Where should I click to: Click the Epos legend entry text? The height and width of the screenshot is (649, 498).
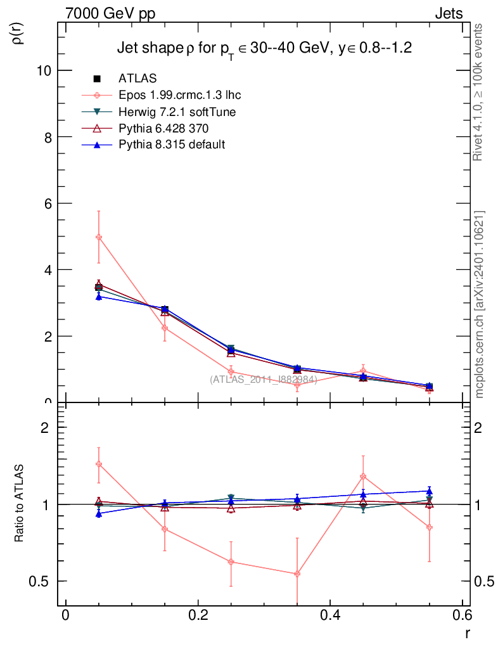pyautogui.click(x=179, y=95)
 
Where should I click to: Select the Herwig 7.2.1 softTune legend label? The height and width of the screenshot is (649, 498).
pyautogui.click(x=177, y=112)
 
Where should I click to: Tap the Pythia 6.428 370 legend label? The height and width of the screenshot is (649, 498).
pyautogui.click(x=163, y=128)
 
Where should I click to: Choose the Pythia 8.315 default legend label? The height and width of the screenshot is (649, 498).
pyautogui.click(x=172, y=145)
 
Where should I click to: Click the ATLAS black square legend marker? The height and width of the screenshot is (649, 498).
pyautogui.click(x=97, y=79)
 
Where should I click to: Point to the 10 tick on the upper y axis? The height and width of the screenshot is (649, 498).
pyautogui.click(x=44, y=71)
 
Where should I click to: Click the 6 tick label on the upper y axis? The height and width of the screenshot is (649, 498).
pyautogui.click(x=48, y=203)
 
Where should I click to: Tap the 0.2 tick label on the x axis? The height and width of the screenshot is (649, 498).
pyautogui.click(x=198, y=615)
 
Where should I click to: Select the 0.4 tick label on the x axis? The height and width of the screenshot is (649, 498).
pyautogui.click(x=330, y=615)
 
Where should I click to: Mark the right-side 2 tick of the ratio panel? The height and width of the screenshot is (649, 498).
pyautogui.click(x=478, y=428)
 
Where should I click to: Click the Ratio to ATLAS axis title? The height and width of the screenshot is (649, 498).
pyautogui.click(x=18, y=503)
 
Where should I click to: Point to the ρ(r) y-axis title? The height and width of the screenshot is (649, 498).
pyautogui.click(x=18, y=34)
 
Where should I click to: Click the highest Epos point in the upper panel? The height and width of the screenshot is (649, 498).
pyautogui.click(x=98, y=237)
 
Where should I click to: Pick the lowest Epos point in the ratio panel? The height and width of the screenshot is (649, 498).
pyautogui.click(x=297, y=574)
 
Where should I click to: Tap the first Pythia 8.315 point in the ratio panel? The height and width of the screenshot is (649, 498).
pyautogui.click(x=98, y=513)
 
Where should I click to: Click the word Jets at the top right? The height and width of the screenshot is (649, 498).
pyautogui.click(x=449, y=14)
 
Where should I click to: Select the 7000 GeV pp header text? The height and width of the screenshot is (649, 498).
pyautogui.click(x=110, y=14)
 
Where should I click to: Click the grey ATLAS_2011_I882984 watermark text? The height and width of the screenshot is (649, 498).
pyautogui.click(x=264, y=380)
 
